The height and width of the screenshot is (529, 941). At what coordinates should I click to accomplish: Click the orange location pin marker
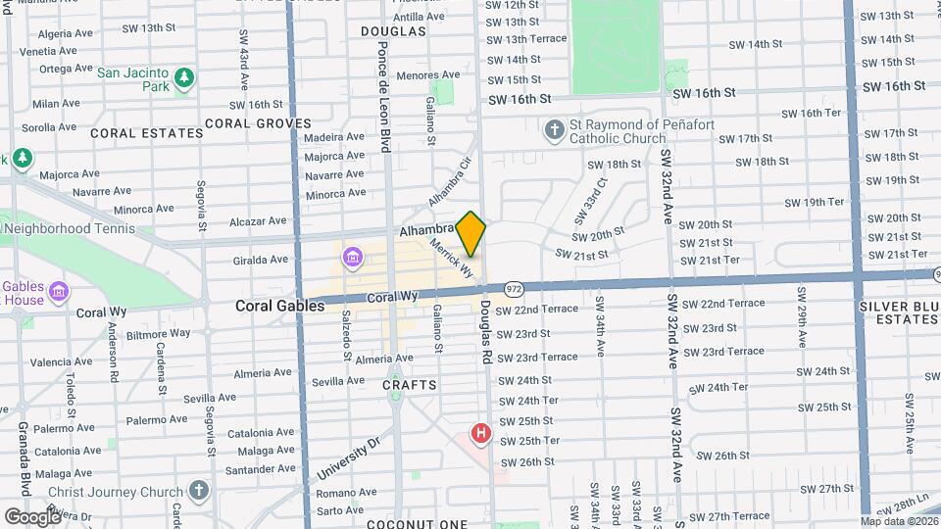point(471,233)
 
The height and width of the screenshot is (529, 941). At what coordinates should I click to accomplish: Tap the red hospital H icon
point(480,432)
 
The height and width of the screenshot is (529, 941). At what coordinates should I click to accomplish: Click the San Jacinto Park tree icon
point(182,77)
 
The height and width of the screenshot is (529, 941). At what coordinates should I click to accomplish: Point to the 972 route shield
point(514,289)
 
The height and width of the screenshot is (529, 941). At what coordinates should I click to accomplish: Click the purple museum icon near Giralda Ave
point(352,259)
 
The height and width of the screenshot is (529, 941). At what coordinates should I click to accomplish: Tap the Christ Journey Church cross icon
point(199,490)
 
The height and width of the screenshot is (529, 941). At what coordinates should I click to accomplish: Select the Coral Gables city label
point(279,306)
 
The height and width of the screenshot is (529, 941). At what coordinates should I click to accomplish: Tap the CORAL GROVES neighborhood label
point(258,124)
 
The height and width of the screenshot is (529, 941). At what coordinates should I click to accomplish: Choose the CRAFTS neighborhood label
point(410,385)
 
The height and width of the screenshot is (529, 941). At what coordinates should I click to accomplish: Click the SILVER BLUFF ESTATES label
point(900,313)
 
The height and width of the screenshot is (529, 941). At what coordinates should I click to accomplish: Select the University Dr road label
point(348,457)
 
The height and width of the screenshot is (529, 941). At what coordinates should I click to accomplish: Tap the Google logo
point(33,516)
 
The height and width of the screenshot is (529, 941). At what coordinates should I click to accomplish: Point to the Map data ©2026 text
point(899,521)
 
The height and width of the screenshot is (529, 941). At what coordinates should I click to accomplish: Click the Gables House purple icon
point(59,292)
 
